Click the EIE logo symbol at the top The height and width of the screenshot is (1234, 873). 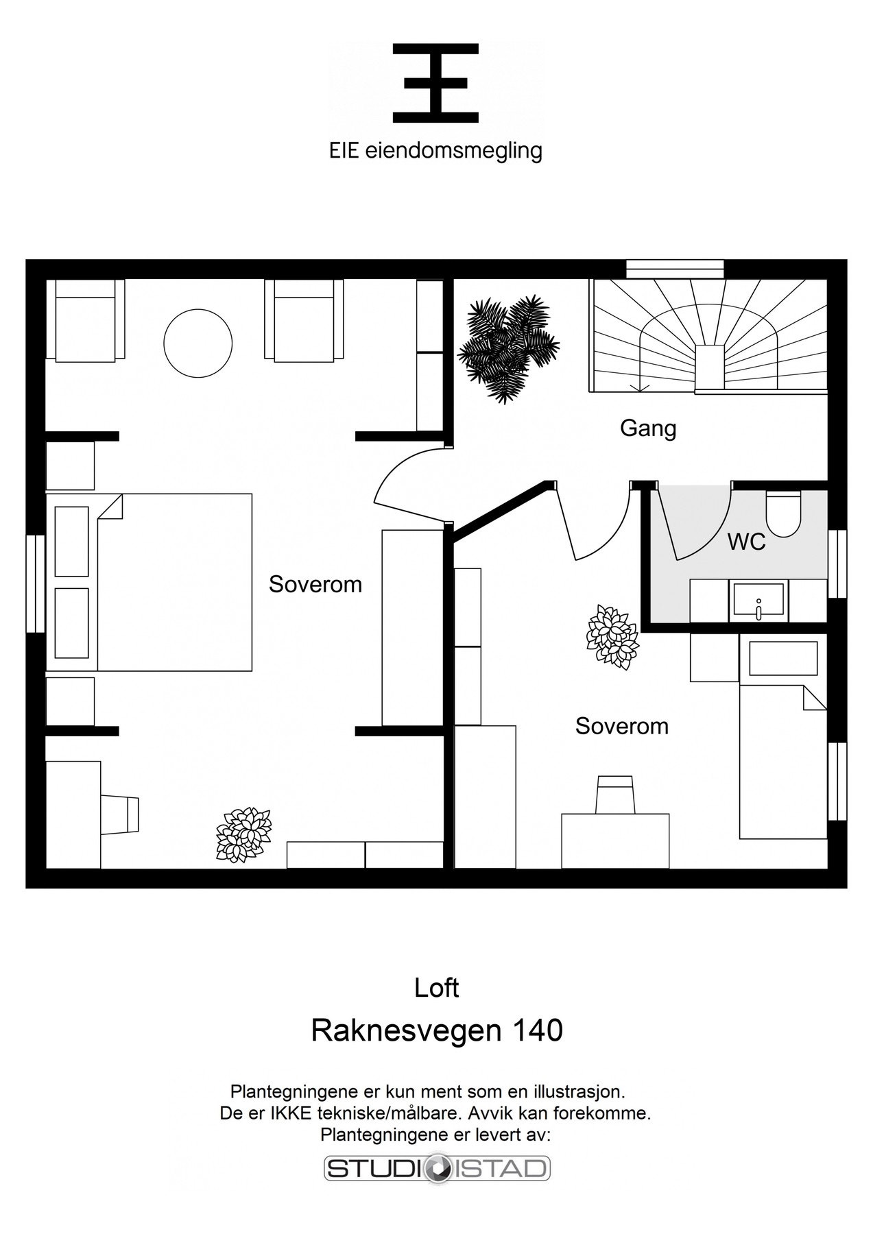point(435,83)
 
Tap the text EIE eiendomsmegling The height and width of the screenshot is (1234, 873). point(435,151)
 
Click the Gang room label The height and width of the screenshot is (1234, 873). point(648,428)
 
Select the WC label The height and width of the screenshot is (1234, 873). point(746,542)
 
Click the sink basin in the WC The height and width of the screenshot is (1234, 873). point(758,600)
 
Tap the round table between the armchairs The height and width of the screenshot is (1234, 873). point(198,343)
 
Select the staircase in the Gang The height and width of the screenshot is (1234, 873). point(706,336)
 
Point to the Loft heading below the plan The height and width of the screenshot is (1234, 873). point(436,988)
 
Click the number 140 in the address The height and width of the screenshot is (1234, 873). point(538,1030)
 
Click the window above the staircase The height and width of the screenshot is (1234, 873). point(675,268)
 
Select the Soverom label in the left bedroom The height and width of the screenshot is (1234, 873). point(315,585)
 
